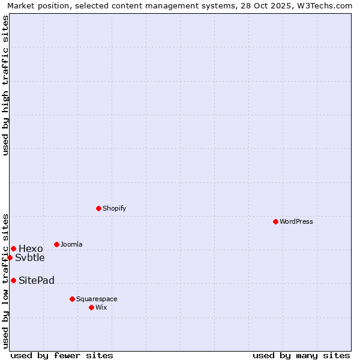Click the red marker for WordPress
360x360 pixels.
click(x=275, y=221)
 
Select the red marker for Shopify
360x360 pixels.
click(x=98, y=208)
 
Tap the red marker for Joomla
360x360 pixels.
click(x=56, y=244)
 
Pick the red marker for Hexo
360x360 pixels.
click(x=13, y=248)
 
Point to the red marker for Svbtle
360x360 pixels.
click(x=10, y=257)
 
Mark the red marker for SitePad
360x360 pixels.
click(x=13, y=280)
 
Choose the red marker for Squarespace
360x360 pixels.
click(x=72, y=299)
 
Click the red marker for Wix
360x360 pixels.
click(x=91, y=307)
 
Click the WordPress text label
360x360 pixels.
click(x=296, y=221)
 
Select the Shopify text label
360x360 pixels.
click(x=114, y=208)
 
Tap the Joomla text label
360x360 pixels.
click(x=71, y=244)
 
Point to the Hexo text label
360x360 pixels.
click(x=31, y=248)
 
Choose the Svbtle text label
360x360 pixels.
click(x=30, y=257)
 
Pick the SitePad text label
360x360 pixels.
click(x=37, y=280)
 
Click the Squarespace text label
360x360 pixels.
click(x=97, y=299)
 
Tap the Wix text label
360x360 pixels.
click(x=101, y=307)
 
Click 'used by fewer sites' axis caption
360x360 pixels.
click(x=62, y=355)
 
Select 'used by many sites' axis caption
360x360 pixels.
click(x=301, y=355)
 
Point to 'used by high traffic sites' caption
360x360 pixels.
click(x=5, y=85)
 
